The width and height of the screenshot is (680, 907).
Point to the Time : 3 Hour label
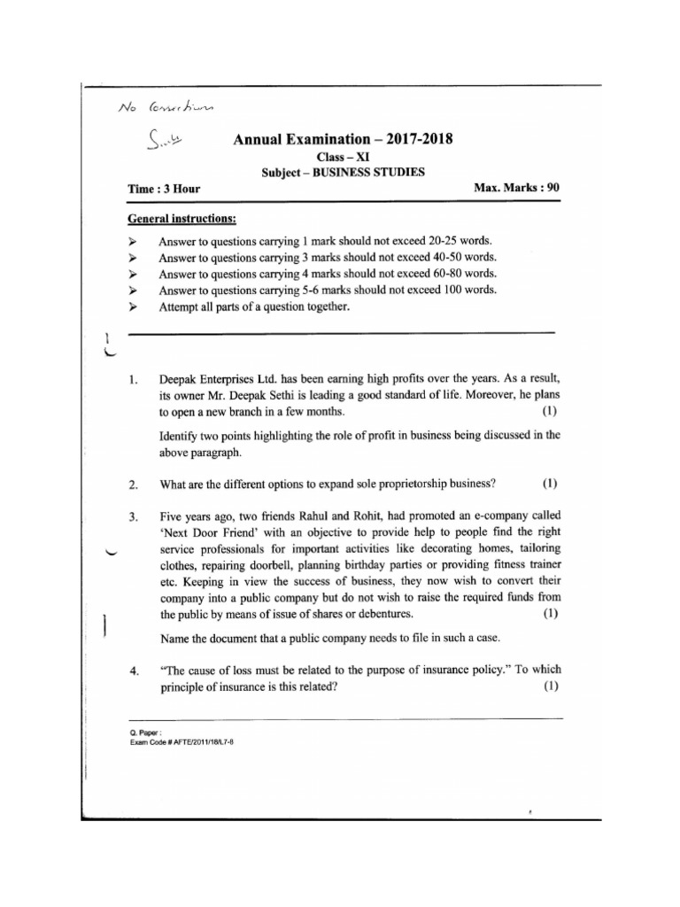point(165,189)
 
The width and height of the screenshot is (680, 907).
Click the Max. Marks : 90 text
point(517,188)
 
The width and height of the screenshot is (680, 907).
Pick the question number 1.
point(132,382)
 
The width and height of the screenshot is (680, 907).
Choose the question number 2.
point(132,485)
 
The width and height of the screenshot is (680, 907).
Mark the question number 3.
point(132,516)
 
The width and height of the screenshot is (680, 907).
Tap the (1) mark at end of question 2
point(550,484)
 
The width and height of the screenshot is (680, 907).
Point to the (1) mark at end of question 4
point(550,687)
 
